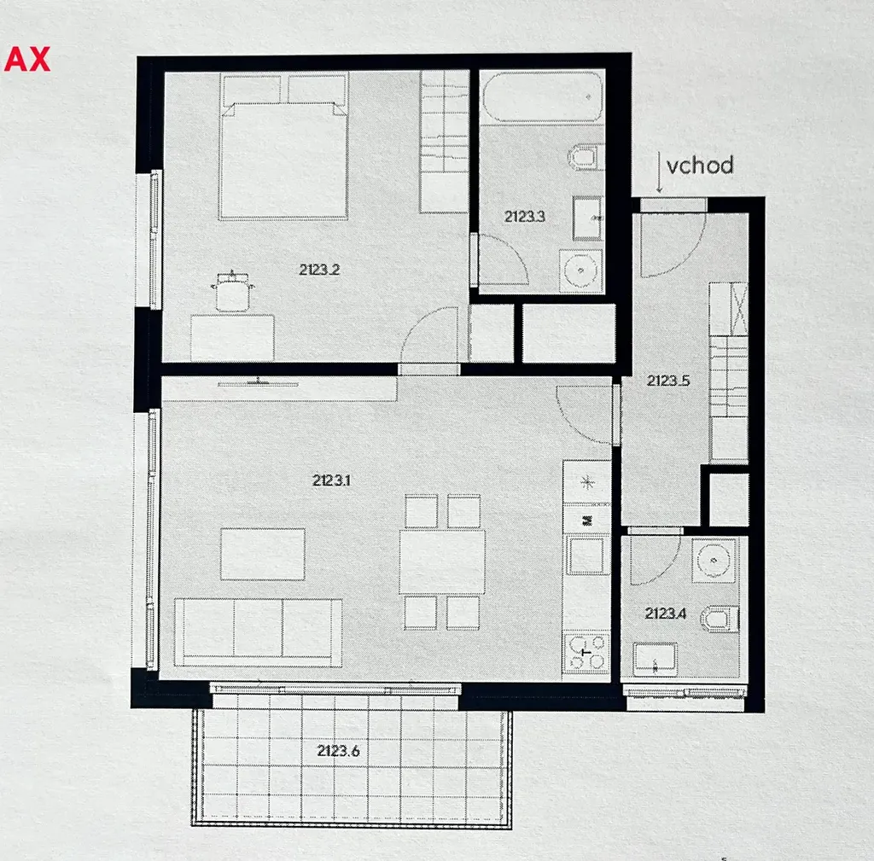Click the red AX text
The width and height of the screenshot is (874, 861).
click(x=26, y=59)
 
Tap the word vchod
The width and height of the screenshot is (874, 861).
click(x=700, y=166)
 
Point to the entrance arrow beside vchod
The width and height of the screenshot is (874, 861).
click(x=659, y=172)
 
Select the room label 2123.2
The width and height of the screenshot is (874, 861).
click(x=319, y=270)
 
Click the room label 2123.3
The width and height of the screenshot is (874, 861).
click(x=525, y=216)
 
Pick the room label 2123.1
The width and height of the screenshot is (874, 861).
click(x=331, y=480)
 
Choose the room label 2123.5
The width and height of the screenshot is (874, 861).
click(x=668, y=381)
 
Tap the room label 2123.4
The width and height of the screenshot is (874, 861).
click(x=666, y=614)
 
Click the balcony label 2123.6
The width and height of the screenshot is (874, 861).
click(x=338, y=751)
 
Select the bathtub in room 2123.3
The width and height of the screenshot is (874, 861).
click(x=542, y=97)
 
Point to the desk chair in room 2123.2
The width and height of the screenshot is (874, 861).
click(x=232, y=291)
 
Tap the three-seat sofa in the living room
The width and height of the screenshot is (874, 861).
click(x=258, y=632)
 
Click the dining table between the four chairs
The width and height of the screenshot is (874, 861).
click(x=442, y=561)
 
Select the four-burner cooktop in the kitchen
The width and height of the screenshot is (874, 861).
click(x=586, y=652)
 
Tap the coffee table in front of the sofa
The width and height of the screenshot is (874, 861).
click(x=263, y=555)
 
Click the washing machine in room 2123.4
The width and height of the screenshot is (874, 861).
click(x=714, y=560)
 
